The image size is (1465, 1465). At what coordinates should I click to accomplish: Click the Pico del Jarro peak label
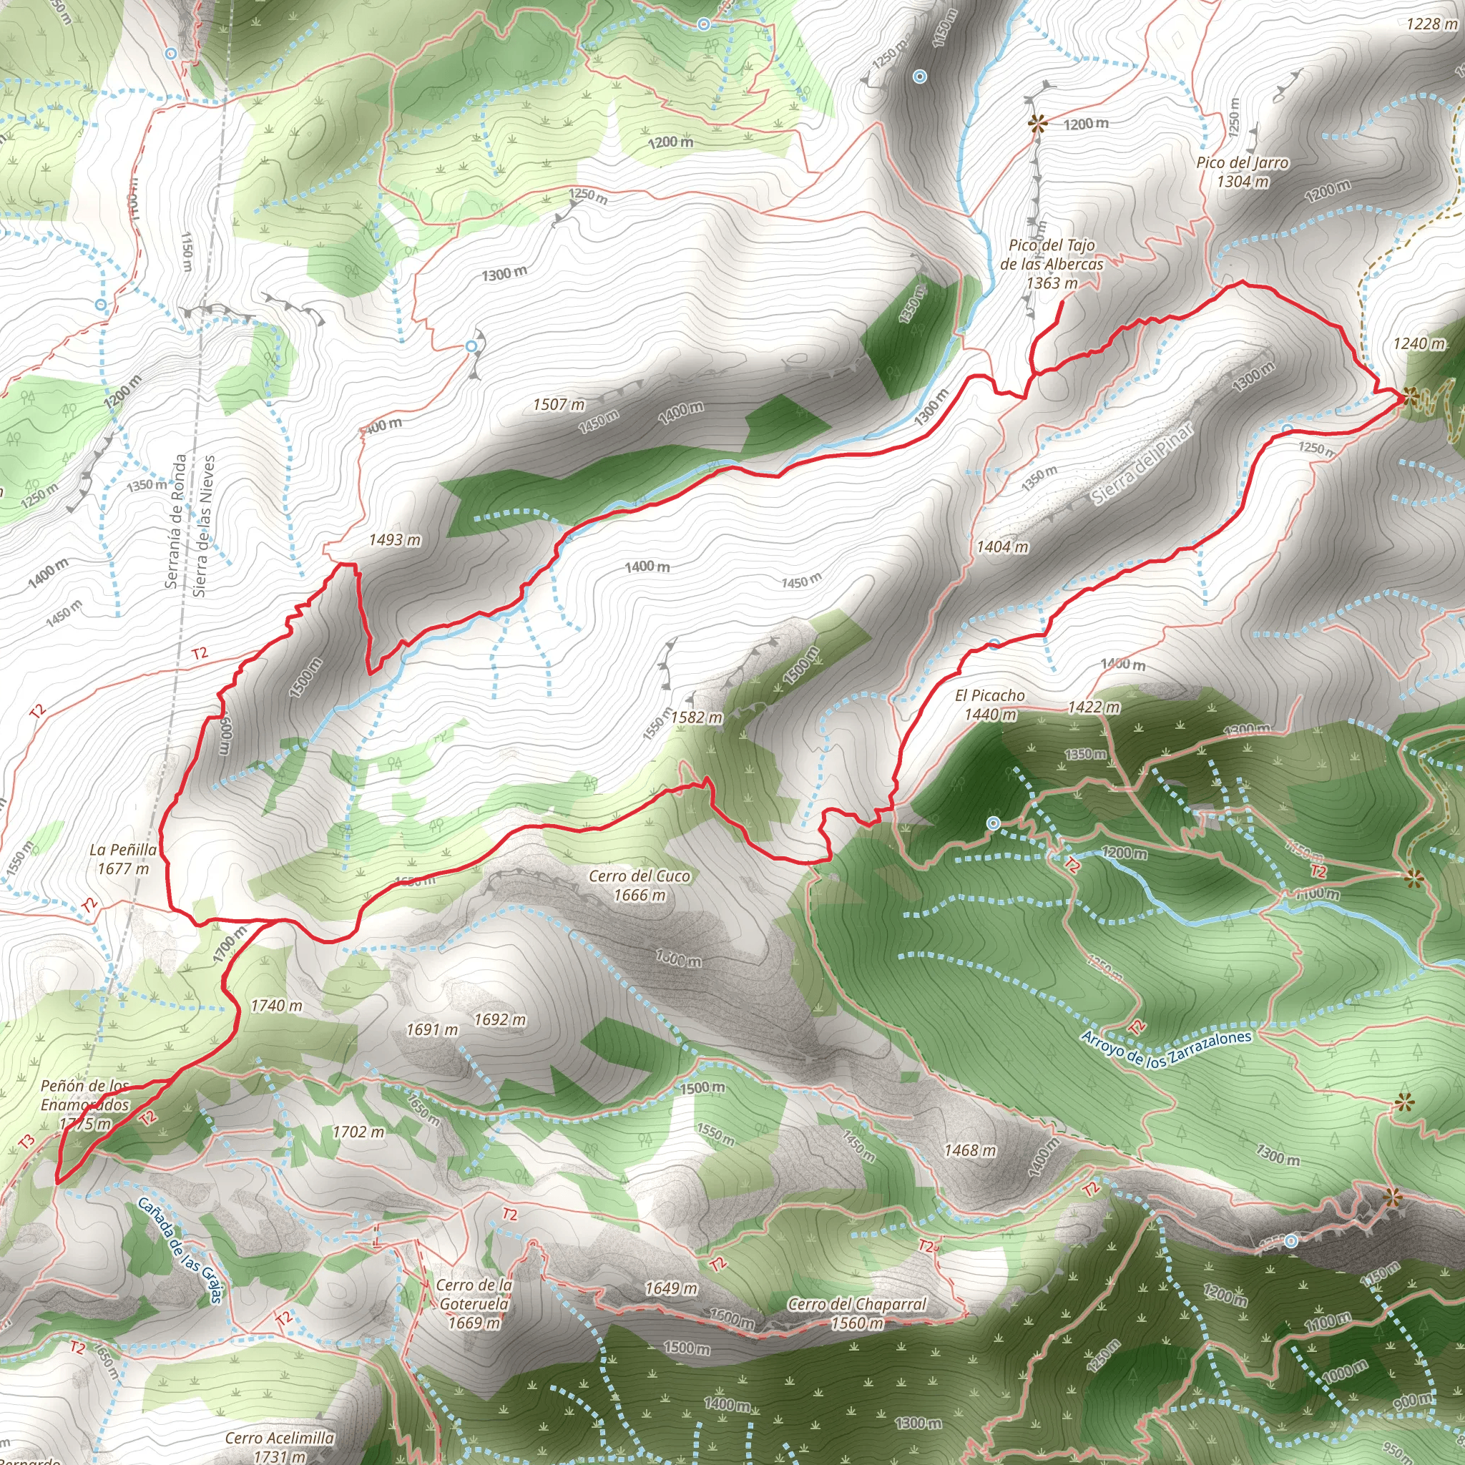pyautogui.click(x=1242, y=172)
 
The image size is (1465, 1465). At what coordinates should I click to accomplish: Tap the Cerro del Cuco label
pyautogui.click(x=640, y=885)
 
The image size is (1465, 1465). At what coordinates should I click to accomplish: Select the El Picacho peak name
pyautogui.click(x=989, y=705)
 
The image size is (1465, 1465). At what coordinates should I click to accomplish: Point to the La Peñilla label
pyautogui.click(x=123, y=858)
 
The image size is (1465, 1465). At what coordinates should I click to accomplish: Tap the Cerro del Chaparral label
pyautogui.click(x=857, y=1313)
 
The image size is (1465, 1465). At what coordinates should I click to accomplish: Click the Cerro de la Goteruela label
pyautogui.click(x=475, y=1303)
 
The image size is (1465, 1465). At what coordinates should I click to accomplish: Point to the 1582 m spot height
pyautogui.click(x=696, y=717)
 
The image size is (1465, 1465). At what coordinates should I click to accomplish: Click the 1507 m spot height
pyautogui.click(x=559, y=404)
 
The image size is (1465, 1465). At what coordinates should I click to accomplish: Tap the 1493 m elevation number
pyautogui.click(x=394, y=540)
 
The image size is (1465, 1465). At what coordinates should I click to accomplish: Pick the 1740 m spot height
pyautogui.click(x=276, y=1006)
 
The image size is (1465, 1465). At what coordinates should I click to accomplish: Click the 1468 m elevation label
pyautogui.click(x=970, y=1150)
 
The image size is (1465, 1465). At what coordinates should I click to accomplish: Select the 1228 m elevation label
pyautogui.click(x=1431, y=24)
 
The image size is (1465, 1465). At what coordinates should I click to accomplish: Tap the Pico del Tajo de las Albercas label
pyautogui.click(x=1052, y=263)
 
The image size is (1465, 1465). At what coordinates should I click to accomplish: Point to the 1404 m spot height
pyautogui.click(x=1002, y=547)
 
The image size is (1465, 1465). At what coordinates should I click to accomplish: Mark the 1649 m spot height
pyautogui.click(x=671, y=1288)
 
